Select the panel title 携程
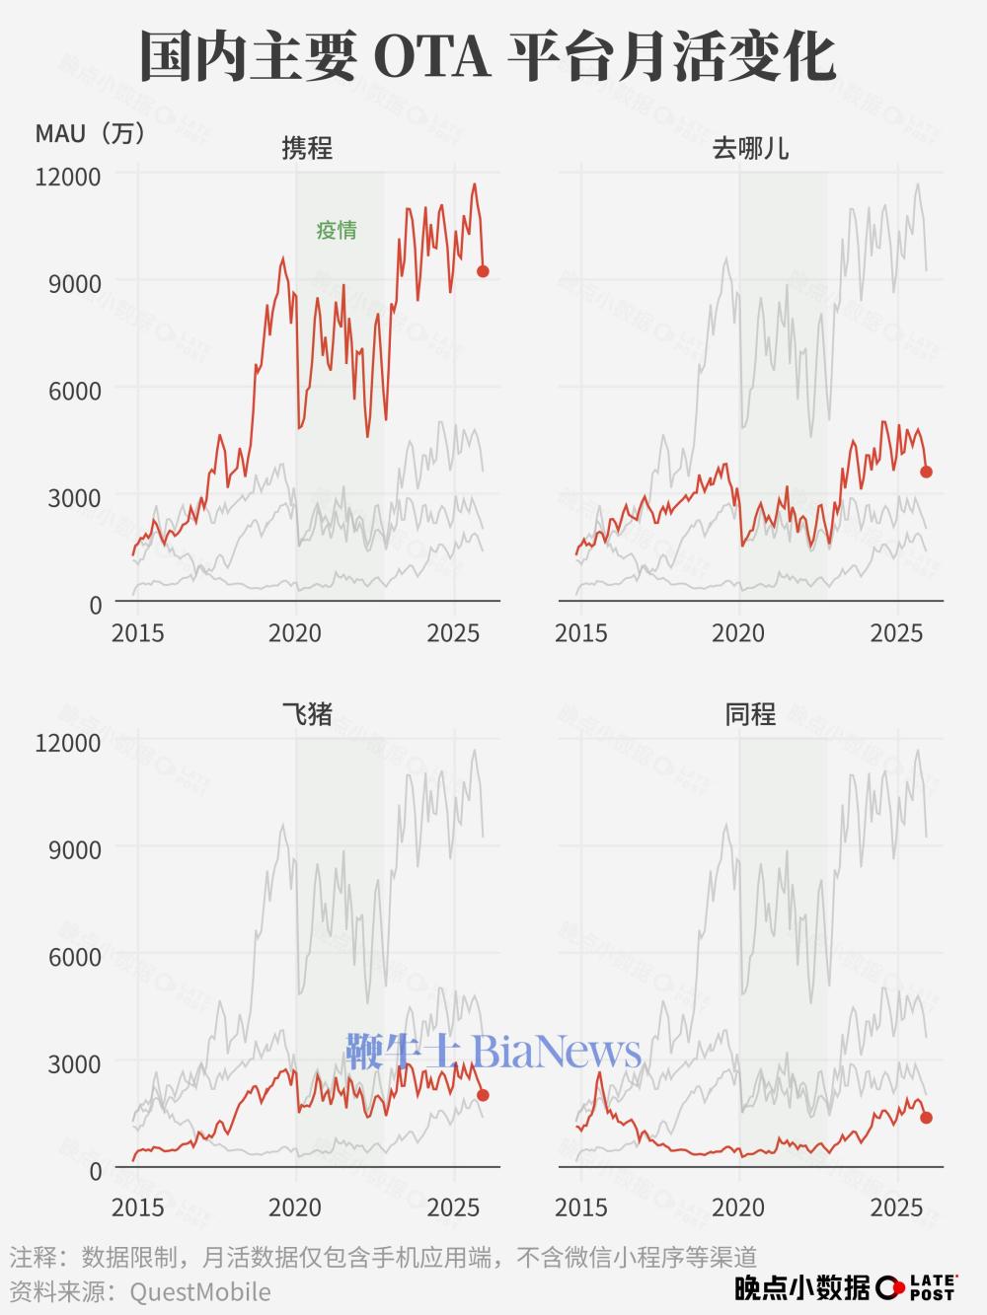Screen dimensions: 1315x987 point(307,149)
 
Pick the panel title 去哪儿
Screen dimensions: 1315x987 point(750,149)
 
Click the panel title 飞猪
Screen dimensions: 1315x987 point(307,714)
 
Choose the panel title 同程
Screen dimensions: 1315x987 point(750,714)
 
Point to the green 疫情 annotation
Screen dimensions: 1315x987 point(337,231)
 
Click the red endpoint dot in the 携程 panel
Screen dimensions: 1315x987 point(483,271)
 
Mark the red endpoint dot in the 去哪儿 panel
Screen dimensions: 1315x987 point(926,472)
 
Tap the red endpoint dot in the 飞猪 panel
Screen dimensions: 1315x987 point(483,1095)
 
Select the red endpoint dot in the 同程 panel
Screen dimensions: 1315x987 point(926,1118)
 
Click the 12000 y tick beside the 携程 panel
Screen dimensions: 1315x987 point(68,177)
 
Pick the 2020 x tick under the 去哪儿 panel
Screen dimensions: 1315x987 point(739,632)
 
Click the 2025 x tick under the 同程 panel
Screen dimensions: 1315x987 point(897,1207)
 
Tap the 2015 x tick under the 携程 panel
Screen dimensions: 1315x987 point(138,632)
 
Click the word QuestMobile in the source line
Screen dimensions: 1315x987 point(199,1291)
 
